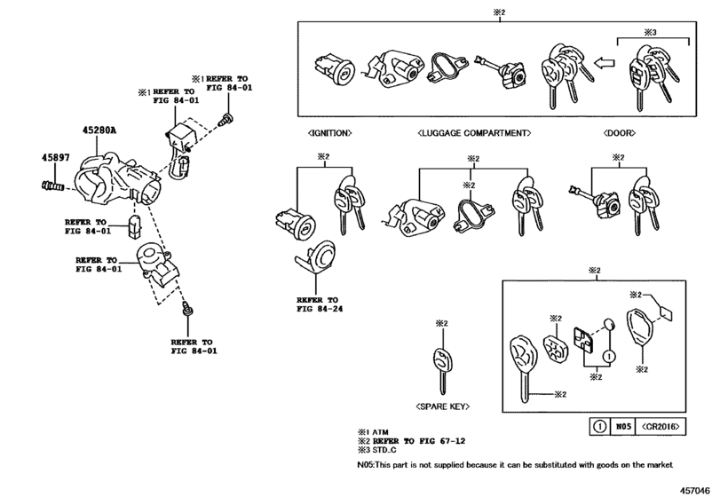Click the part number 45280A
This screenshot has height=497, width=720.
point(99,130)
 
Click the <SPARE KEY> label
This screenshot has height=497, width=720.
point(441,406)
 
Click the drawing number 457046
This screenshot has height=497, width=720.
point(698,487)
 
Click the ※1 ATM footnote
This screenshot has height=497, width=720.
point(374,430)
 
